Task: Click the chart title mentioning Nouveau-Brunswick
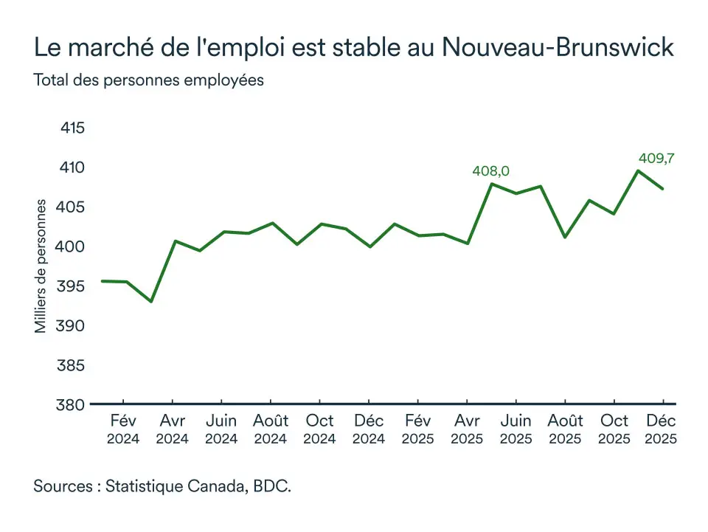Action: [353, 48]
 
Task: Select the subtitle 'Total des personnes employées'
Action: [148, 80]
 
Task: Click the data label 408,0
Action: [491, 172]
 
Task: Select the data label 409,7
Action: [656, 158]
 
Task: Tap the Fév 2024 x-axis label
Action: [122, 429]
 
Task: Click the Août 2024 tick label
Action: [271, 429]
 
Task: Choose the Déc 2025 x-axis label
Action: [662, 429]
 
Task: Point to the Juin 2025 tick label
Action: [516, 429]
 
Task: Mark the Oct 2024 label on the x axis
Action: [319, 429]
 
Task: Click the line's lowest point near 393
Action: [150, 302]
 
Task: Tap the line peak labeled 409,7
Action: [638, 171]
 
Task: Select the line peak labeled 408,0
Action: [492, 184]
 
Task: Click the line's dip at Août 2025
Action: [564, 237]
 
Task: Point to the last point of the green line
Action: [662, 189]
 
